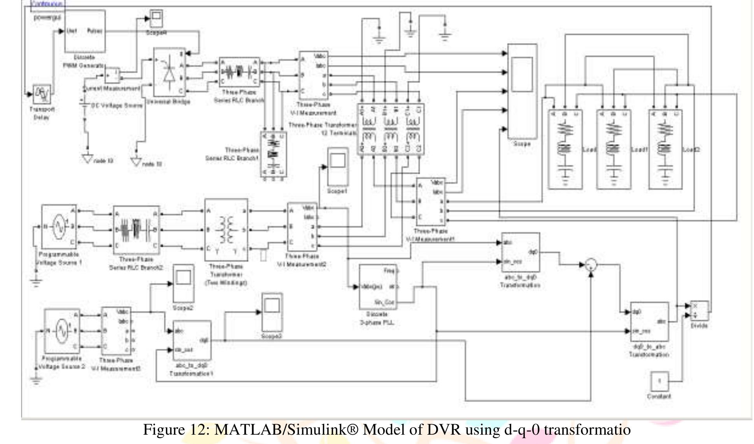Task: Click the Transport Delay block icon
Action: point(41,94)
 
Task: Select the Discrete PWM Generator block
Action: point(85,31)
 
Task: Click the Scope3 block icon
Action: point(272,311)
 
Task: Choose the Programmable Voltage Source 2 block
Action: point(62,331)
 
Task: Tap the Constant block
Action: point(659,381)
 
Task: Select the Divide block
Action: point(699,311)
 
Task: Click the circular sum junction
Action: point(591,265)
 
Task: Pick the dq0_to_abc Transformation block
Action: point(649,321)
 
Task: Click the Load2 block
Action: point(665,150)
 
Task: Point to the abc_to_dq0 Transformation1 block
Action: point(191,341)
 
